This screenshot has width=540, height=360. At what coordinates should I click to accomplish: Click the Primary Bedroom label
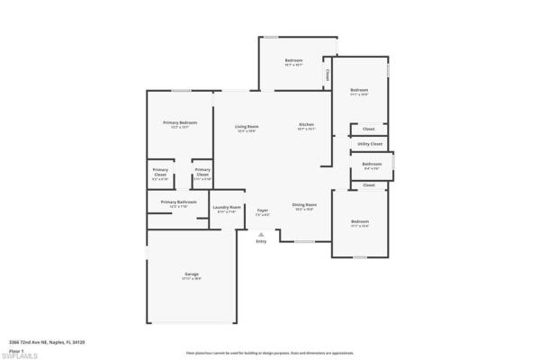(x=180, y=122)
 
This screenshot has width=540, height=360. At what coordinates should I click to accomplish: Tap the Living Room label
(x=247, y=126)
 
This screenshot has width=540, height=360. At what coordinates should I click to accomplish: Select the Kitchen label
(x=306, y=123)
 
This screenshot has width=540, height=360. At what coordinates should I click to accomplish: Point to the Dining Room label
(x=303, y=204)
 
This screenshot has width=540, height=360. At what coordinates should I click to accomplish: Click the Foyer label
(x=262, y=210)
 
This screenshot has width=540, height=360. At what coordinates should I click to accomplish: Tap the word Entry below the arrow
(x=261, y=241)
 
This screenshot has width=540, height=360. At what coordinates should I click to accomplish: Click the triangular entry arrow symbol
(x=261, y=234)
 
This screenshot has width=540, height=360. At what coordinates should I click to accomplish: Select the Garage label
(x=192, y=274)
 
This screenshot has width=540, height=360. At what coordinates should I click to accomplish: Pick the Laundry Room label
(x=226, y=207)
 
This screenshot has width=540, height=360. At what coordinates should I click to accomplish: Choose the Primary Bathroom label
(x=179, y=202)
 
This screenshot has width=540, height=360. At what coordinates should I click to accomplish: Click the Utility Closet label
(x=370, y=143)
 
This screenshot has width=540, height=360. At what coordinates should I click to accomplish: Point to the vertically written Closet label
(x=328, y=76)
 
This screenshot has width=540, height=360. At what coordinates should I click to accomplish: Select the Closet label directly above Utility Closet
(x=369, y=130)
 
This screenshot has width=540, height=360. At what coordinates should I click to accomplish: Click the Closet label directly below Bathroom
(x=369, y=184)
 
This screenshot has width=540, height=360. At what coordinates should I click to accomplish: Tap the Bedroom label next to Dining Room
(x=360, y=221)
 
